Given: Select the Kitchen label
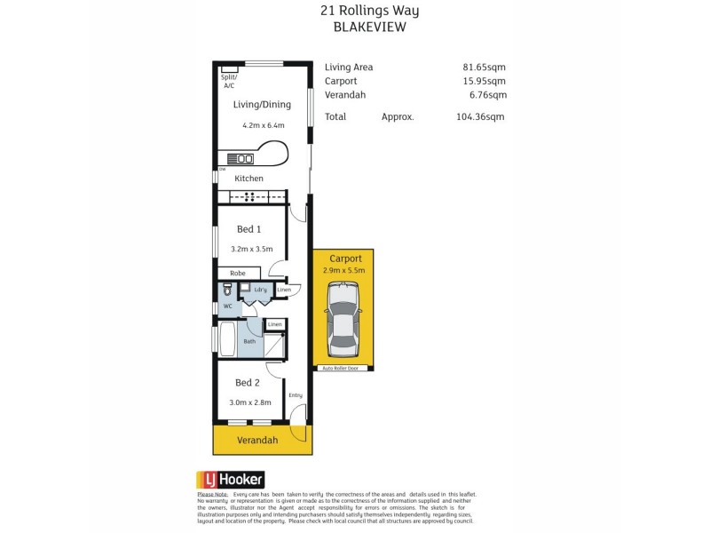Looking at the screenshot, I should point(249,179).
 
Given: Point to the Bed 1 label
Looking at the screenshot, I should point(248,229).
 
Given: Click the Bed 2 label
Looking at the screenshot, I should point(247,383).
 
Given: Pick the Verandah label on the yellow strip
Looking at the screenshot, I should point(257,440).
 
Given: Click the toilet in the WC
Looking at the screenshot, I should point(228,290).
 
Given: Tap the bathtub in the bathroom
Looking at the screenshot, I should point(227,340).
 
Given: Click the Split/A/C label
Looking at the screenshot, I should point(229,81).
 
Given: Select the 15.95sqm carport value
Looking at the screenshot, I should point(484,81).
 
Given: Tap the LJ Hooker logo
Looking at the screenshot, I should point(231,479).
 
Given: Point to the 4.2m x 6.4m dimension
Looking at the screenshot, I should point(263,125).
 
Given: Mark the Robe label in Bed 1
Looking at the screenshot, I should point(237,273).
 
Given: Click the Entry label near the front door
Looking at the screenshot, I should point(296,395).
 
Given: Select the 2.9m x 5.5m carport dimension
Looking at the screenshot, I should point(343,269).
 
